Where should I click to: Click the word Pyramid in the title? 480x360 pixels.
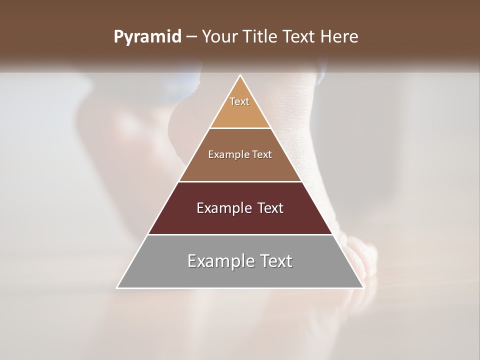[x=147, y=37]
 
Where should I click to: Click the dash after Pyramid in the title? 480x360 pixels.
[x=191, y=37]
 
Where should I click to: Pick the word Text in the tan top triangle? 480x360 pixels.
[x=239, y=101]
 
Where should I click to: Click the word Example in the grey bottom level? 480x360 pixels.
[x=220, y=261]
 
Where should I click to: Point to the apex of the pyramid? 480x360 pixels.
[x=240, y=75]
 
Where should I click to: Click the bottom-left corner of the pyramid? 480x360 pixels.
[x=117, y=287]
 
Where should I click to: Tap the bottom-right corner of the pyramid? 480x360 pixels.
[x=363, y=287]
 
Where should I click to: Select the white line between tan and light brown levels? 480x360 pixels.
[x=240, y=128]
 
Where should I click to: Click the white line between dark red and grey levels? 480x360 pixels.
[x=240, y=234]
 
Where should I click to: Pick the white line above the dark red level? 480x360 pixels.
[x=240, y=181]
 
